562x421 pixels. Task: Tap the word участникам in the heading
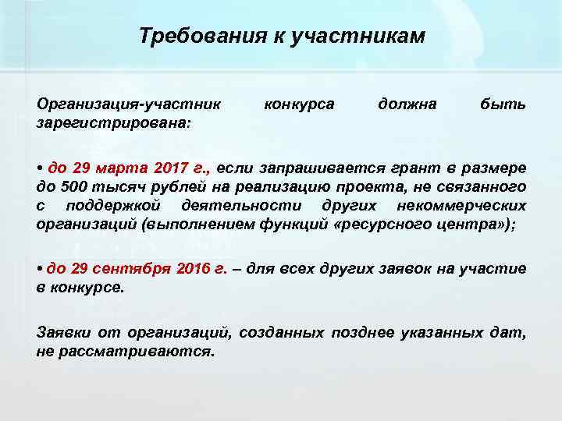click(x=357, y=36)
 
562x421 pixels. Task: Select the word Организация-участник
click(x=129, y=103)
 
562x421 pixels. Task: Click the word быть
click(x=508, y=103)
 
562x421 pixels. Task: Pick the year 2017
click(x=185, y=168)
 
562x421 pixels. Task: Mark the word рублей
click(x=171, y=186)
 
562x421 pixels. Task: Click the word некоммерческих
click(x=461, y=205)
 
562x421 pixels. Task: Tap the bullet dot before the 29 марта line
click(x=40, y=168)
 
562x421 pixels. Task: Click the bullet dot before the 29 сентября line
click(x=40, y=269)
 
